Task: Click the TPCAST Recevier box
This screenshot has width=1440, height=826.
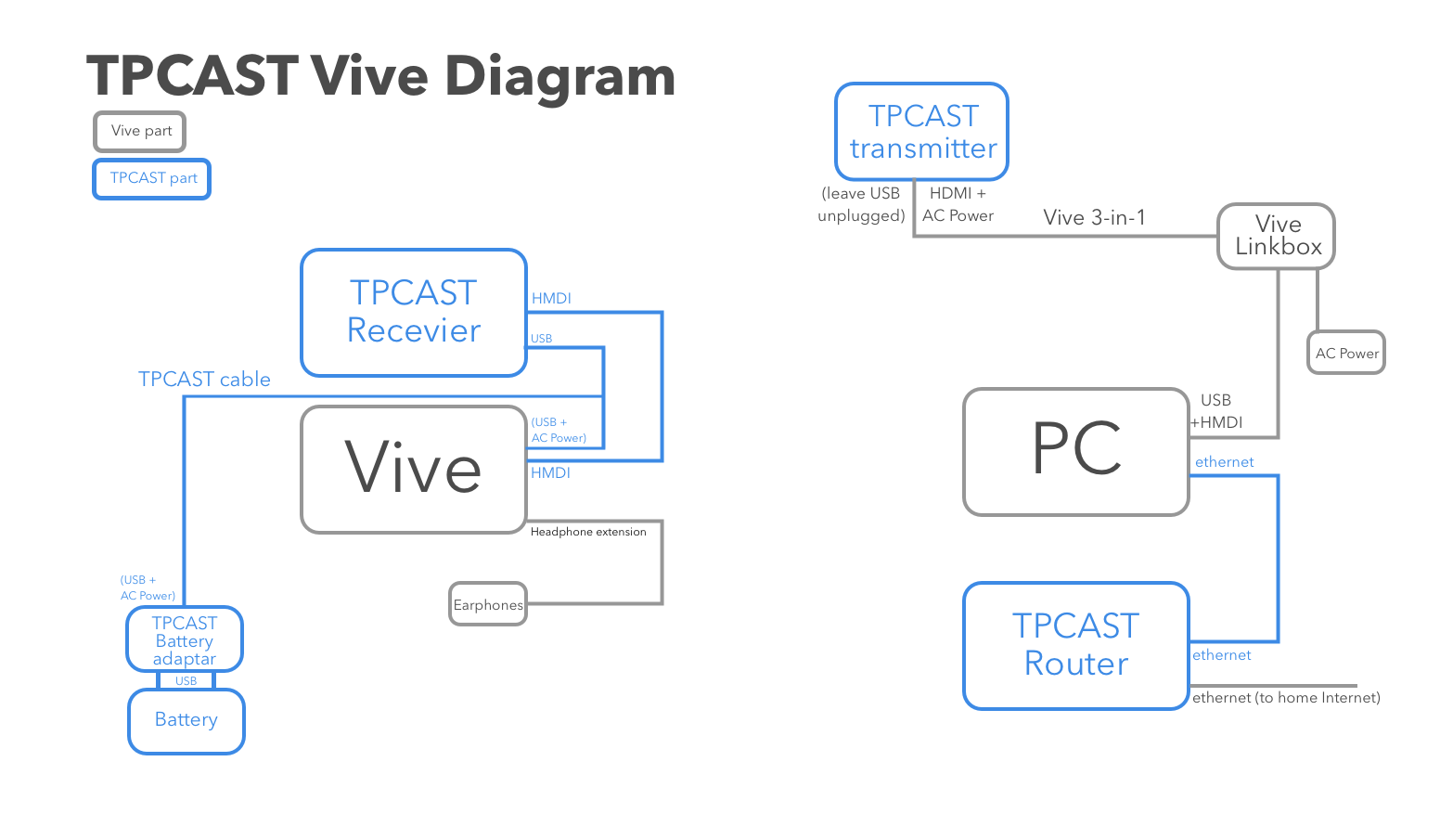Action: tap(414, 313)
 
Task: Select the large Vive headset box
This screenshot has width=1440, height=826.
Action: tap(414, 470)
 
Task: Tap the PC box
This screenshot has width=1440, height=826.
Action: tap(1076, 452)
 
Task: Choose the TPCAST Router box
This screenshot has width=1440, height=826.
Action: tap(1076, 646)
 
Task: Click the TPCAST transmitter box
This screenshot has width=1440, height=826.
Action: tap(922, 132)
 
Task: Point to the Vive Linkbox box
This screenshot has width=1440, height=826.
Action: tap(1276, 237)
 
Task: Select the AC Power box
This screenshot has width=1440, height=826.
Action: tap(1346, 353)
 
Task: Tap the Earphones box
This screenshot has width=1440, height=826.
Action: tap(488, 604)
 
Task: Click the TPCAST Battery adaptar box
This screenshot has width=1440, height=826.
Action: tap(185, 639)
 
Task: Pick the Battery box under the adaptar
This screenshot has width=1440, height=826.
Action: tap(186, 721)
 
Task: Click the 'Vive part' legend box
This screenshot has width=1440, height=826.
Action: tap(139, 132)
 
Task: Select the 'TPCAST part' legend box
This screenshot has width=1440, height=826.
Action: tap(152, 179)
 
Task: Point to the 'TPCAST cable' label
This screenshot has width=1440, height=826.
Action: tap(204, 380)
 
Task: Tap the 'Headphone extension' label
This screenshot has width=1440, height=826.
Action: tap(588, 532)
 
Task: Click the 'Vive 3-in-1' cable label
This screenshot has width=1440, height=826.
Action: tap(1094, 217)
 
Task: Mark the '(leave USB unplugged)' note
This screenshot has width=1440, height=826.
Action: tap(861, 204)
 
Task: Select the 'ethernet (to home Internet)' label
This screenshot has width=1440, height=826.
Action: tap(1286, 697)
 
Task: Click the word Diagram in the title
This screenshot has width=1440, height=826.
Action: tap(559, 77)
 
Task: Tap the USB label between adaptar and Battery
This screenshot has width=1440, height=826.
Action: tap(186, 680)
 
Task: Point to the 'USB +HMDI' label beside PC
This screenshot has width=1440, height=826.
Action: tap(1216, 411)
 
